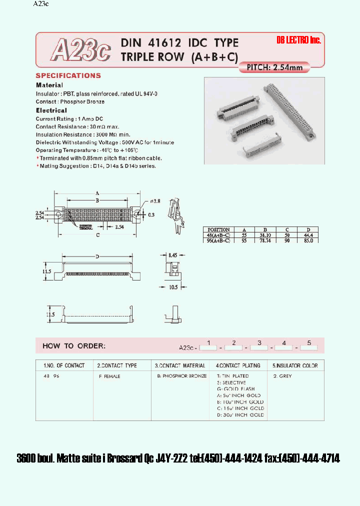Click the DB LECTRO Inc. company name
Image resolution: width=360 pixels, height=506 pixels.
pyautogui.click(x=298, y=40)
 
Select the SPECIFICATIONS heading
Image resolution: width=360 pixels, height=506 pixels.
pyautogui.click(x=68, y=76)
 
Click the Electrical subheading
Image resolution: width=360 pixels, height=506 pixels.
pyautogui.click(x=51, y=110)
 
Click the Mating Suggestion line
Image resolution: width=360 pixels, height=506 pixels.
pyautogui.click(x=97, y=165)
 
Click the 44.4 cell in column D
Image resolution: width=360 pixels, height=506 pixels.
pyautogui.click(x=307, y=235)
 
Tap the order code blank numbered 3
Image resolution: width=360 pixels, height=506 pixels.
pyautogui.click(x=259, y=346)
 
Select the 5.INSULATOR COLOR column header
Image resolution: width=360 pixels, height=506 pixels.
pyautogui.click(x=295, y=365)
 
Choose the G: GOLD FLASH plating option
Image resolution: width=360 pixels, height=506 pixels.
pyautogui.click(x=236, y=389)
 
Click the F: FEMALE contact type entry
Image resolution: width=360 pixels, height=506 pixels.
pyautogui.click(x=109, y=376)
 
